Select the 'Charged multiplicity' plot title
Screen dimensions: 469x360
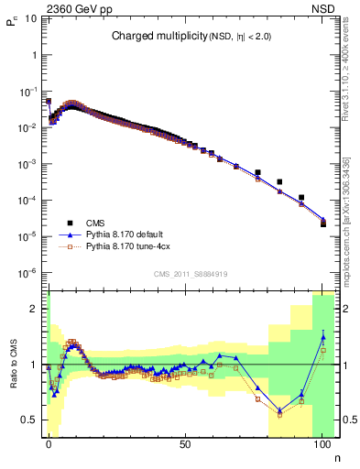(x=166, y=36)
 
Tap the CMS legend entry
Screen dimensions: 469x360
(x=97, y=223)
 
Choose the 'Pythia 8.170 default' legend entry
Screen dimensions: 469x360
(x=127, y=234)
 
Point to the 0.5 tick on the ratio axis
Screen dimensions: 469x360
(x=32, y=420)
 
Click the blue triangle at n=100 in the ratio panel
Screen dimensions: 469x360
(x=322, y=337)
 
